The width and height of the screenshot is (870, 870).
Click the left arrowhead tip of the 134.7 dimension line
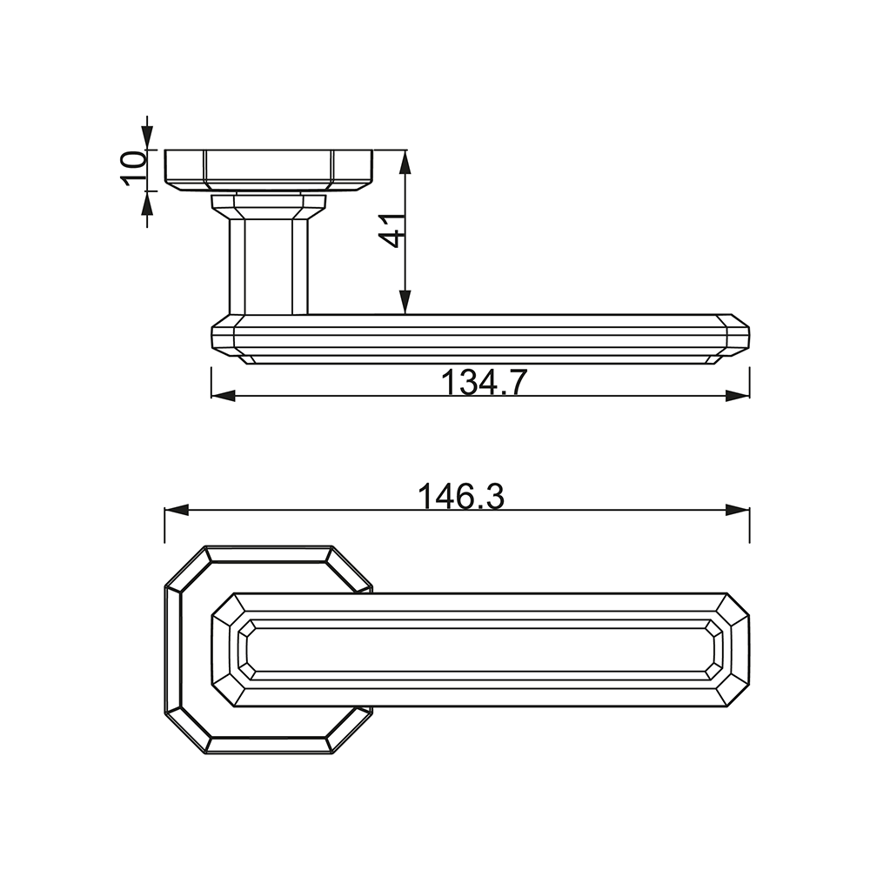point(211,395)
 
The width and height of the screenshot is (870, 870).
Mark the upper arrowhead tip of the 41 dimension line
point(405,151)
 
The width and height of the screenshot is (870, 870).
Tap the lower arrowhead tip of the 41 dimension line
point(405,314)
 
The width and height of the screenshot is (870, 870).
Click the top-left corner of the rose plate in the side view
point(165,150)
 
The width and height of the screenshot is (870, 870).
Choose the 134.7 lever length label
point(483,382)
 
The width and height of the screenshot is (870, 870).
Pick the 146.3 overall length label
point(461,497)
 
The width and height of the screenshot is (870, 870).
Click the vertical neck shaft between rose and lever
point(269,266)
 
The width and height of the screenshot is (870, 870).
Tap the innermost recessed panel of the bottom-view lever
point(480,649)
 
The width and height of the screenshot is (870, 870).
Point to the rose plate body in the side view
point(269,171)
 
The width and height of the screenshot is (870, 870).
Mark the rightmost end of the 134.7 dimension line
point(750,395)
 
